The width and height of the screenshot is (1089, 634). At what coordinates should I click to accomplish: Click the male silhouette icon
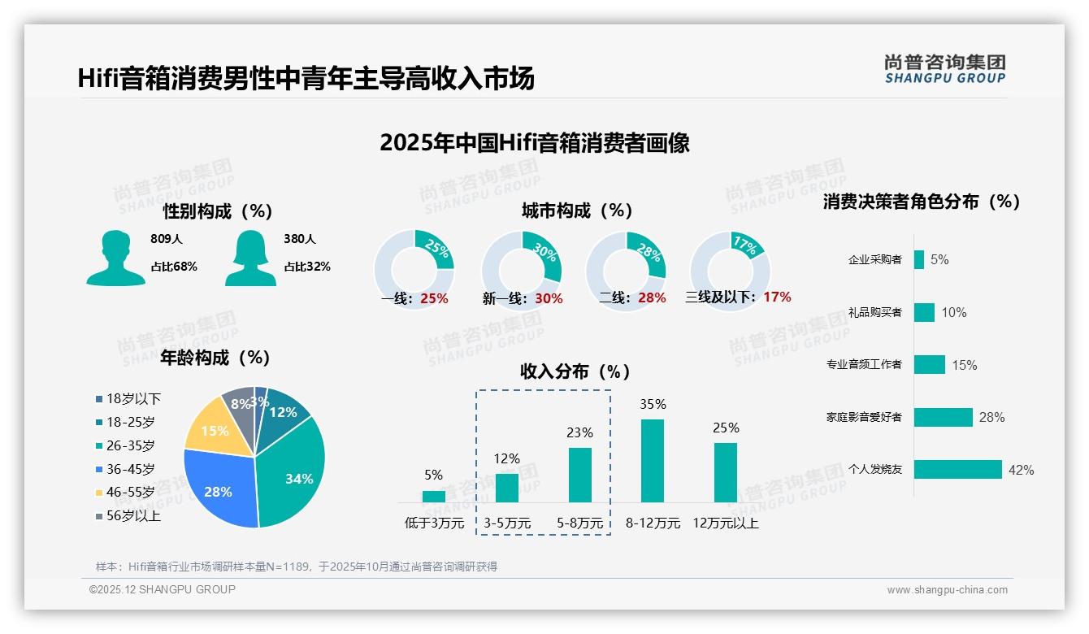coord(116,258)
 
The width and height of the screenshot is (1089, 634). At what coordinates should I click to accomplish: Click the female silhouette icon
coord(250,258)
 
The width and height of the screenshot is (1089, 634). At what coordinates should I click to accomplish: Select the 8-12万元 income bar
coord(653,460)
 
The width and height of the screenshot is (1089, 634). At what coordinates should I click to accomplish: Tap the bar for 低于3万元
coord(434,496)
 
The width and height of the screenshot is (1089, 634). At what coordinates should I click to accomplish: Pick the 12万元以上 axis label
coord(726,523)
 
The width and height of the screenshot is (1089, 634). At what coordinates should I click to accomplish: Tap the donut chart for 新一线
coord(522,271)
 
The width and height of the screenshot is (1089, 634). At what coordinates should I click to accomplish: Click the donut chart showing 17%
coord(729,271)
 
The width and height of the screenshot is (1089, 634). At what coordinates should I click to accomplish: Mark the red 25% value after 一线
coord(434,298)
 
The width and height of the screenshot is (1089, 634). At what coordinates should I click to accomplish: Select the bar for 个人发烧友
coord(957,470)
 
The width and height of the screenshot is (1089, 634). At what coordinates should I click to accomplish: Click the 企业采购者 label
coord(874,260)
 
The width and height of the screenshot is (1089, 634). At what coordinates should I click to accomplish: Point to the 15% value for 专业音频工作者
coord(965,365)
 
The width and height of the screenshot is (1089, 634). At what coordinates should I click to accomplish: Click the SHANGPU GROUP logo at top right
coord(944,69)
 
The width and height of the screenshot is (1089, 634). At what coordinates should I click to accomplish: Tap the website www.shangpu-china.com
coord(947,590)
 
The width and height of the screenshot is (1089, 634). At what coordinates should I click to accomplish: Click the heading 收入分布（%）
coord(575,371)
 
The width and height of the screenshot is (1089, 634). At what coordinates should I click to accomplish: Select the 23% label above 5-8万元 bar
coord(579,432)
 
